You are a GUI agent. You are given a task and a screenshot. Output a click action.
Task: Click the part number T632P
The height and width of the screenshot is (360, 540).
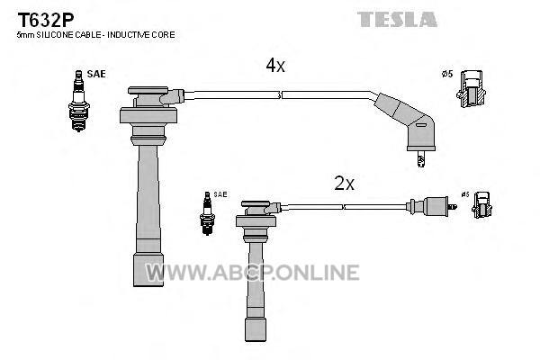tap(46, 21)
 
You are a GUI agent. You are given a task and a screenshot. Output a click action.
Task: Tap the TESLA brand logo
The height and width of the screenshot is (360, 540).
tap(397, 19)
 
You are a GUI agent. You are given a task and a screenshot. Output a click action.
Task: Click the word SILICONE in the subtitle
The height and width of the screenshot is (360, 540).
tap(57, 35)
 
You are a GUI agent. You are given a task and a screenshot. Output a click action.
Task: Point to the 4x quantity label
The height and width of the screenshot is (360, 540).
tap(275, 65)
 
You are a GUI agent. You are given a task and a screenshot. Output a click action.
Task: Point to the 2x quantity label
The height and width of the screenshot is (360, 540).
tap(344, 184)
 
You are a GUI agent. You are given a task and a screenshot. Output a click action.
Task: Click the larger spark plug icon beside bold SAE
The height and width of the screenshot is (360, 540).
tap(79, 101)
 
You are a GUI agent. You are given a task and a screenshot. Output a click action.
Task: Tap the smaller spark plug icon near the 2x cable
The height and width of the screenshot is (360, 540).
tap(207, 213)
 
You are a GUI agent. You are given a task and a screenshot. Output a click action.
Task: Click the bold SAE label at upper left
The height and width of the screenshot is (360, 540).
tap(96, 74)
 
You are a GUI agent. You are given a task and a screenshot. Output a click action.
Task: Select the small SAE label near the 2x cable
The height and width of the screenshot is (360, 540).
tap(220, 194)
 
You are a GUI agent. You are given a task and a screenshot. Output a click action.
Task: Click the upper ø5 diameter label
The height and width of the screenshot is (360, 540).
tap(447, 74)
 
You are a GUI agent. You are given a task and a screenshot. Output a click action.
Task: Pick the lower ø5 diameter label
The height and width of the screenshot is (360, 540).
tap(465, 194)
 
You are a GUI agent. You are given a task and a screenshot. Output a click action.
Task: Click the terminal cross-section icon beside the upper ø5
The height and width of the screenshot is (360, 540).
tap(471, 89)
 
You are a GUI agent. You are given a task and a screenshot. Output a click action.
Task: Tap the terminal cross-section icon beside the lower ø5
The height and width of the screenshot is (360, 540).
tap(481, 205)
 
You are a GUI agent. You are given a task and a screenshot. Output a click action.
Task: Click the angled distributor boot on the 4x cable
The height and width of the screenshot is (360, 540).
tap(409, 121)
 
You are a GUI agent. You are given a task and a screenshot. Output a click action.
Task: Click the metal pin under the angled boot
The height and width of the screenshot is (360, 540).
tap(420, 158)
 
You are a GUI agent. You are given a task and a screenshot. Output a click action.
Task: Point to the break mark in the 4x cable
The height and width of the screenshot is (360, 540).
tap(280, 95)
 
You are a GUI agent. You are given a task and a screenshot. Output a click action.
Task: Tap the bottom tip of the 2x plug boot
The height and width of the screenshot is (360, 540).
tap(256, 341)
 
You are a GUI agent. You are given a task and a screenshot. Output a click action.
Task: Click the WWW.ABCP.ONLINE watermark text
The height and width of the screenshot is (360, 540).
tap(252, 273)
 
